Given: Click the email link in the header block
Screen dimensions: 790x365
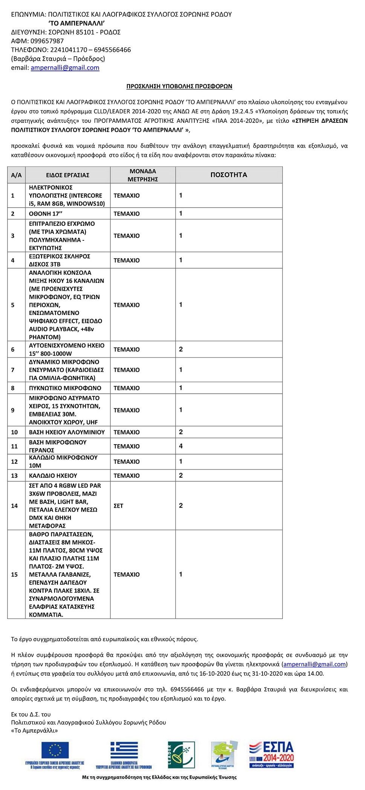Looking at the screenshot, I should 65,68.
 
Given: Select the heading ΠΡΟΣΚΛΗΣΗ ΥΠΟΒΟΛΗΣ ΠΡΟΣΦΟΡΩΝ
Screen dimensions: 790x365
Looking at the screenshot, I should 179,86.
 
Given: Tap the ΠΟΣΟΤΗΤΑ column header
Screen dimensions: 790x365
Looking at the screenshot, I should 229,175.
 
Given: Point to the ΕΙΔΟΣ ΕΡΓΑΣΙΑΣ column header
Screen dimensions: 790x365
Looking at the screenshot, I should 67,175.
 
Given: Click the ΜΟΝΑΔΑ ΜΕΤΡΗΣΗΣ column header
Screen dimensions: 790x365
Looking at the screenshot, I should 142,175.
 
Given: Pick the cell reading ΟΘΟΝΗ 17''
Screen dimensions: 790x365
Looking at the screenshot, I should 46,214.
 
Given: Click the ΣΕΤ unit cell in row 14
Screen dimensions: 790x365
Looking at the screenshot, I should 119,506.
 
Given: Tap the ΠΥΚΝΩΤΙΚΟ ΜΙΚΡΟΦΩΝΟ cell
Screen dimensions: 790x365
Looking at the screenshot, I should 65,388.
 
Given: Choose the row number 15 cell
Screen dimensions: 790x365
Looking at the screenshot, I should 14,575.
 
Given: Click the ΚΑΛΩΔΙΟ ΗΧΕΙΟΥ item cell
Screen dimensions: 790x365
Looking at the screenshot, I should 53,475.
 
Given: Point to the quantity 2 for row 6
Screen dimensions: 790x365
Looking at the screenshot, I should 181,349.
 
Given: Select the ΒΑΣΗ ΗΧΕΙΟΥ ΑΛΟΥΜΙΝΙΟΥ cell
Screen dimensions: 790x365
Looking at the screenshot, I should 67,432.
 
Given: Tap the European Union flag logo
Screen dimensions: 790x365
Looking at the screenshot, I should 55,750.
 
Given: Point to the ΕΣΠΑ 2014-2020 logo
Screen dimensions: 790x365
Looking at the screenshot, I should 271,754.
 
